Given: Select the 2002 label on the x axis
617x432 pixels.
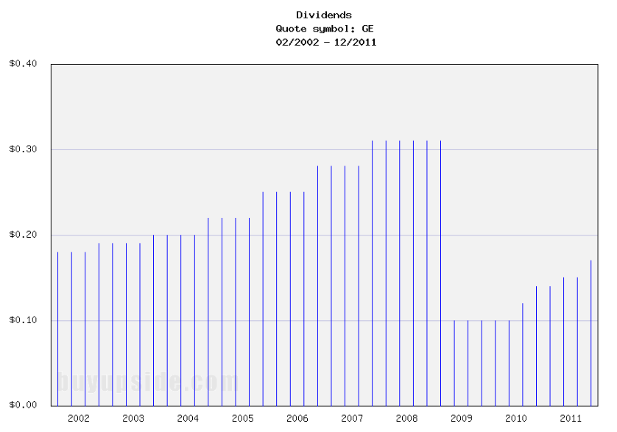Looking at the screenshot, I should pos(78,418).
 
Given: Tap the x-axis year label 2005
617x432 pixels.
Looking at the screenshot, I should pos(242,418).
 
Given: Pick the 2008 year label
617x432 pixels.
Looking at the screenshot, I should pos(406,418).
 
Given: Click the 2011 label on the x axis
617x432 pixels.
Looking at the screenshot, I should pos(571,418).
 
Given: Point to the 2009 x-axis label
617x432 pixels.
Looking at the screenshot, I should pos(461,418).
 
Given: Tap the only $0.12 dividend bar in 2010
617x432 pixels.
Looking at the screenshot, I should pos(522,354).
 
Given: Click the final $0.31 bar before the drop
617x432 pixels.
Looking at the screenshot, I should pos(440,273).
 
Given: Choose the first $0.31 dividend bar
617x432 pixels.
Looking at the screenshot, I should pos(372,273).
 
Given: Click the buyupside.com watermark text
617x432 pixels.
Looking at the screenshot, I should pos(147,382).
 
